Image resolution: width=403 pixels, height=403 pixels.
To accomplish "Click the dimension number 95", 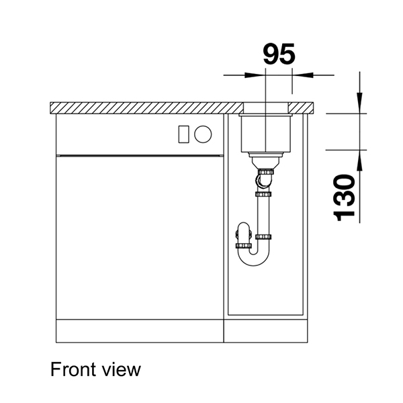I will pos(278,54).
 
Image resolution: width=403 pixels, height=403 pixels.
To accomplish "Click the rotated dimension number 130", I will pos(345,197).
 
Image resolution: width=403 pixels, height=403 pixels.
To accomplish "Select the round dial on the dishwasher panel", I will pos(204,134).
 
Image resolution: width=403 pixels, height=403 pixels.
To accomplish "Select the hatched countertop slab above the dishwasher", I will pos(148,107).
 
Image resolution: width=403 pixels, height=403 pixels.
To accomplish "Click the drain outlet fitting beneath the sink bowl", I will pos(265,161).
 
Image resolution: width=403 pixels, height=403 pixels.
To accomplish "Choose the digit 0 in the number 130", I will pos(345,182).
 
